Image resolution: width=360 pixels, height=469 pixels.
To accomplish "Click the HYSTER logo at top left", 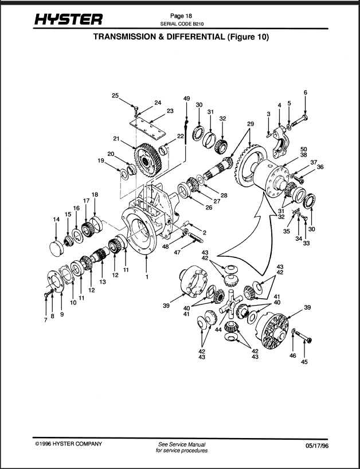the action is (68, 19).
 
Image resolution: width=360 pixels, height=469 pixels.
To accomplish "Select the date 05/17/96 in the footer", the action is (317, 445).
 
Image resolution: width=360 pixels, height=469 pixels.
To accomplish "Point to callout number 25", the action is (115, 95).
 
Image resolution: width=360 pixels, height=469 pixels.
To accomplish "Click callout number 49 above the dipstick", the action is (186, 98).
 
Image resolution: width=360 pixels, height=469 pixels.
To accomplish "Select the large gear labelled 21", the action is (148, 160).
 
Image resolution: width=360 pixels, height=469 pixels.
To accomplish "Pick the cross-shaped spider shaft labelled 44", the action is (230, 303).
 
